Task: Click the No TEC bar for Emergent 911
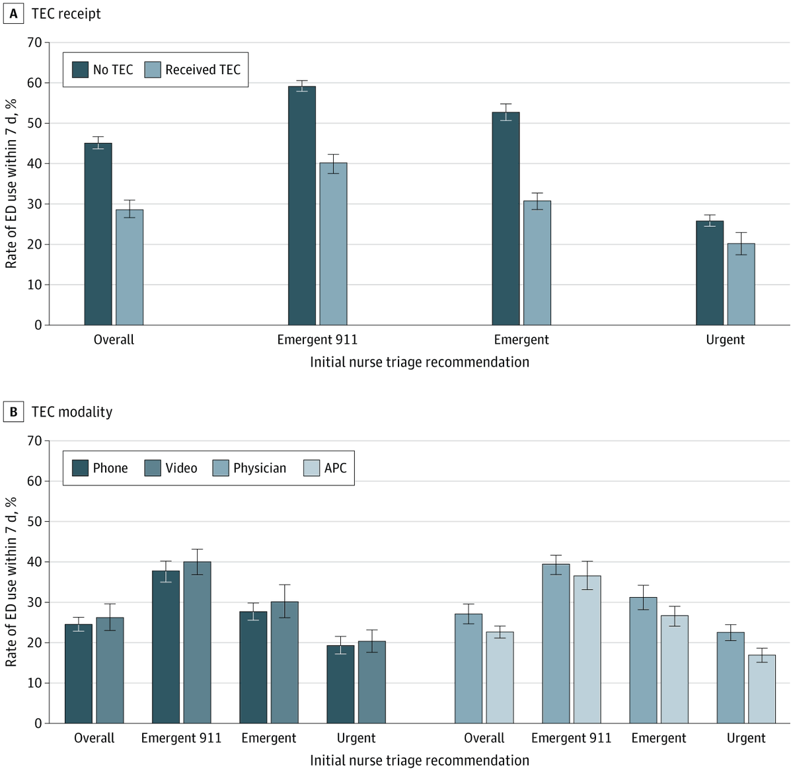[302, 206]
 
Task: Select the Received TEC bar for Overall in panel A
[130, 267]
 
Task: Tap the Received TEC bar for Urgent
[741, 284]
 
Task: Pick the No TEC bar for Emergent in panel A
[506, 218]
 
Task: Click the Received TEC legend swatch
[153, 70]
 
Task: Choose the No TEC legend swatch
[80, 70]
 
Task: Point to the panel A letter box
[13, 14]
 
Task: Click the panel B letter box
[13, 412]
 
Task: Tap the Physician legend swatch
[221, 468]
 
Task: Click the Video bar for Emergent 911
[197, 642]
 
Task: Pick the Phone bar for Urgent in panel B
[340, 684]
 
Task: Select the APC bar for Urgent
[761, 689]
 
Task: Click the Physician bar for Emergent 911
[556, 643]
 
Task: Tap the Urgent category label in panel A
[725, 340]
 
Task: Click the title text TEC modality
[72, 412]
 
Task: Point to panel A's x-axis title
[420, 362]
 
